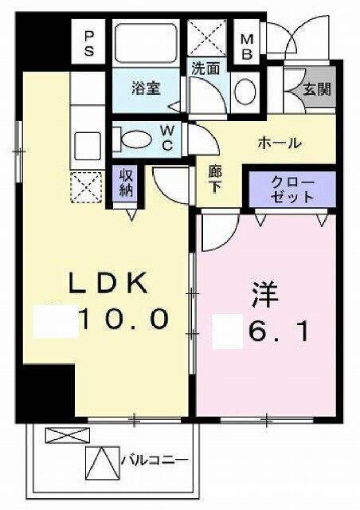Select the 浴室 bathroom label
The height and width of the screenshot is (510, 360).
147,88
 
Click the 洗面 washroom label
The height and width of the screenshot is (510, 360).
205,69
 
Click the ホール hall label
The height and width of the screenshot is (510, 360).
278,143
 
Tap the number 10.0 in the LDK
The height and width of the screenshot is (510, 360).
123,320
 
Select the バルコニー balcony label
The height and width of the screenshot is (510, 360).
155,460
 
